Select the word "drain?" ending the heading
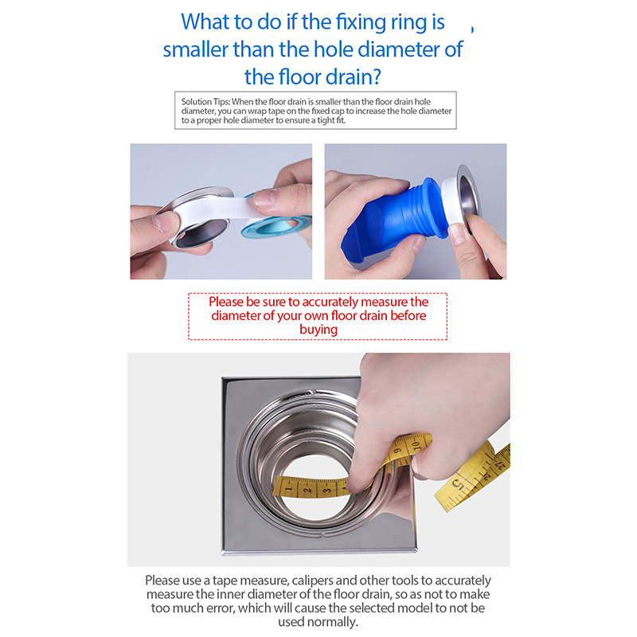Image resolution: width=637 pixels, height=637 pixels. click(353, 76)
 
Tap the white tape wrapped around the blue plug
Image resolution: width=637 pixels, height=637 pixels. click(451, 203)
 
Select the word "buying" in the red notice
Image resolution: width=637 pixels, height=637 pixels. click(318, 330)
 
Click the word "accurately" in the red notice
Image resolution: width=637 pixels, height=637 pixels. click(330, 302)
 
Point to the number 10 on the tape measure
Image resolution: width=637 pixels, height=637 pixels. click(416, 445)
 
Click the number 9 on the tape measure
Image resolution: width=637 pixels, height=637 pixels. click(397, 451)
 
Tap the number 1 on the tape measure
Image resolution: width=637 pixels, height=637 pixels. click(289, 489)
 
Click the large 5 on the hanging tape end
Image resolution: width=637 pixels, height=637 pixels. click(458, 484)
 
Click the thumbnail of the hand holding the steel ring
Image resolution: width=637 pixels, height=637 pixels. click(221, 211)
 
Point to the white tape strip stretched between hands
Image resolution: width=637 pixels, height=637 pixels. click(215, 209)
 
